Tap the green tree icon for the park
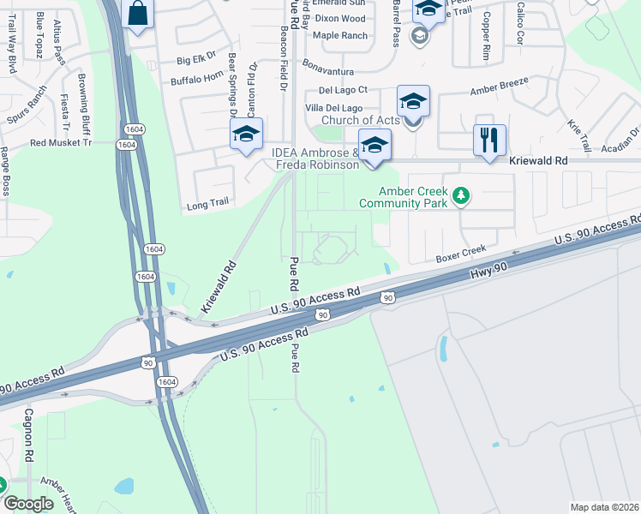(462, 197)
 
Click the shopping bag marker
(136, 14)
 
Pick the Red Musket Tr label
(60, 143)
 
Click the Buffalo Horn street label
(197, 80)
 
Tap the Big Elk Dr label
(195, 60)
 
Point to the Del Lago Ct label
(343, 89)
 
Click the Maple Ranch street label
(340, 35)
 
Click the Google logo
(28, 504)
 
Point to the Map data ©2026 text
(603, 507)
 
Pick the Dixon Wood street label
(339, 18)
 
